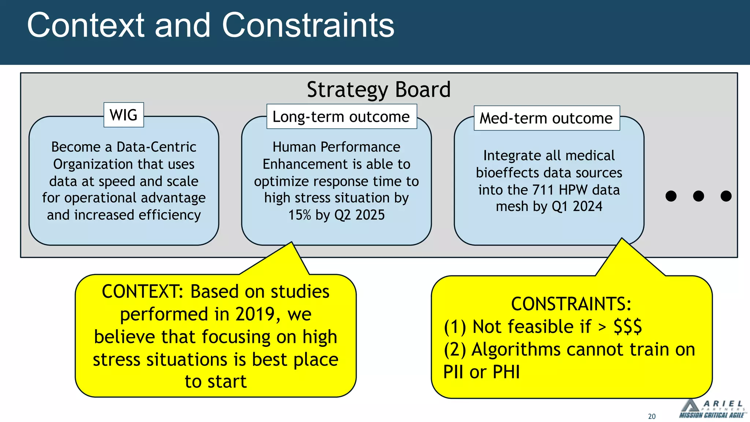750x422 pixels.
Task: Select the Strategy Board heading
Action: [x=379, y=90]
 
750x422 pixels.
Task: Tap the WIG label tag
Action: [x=124, y=115]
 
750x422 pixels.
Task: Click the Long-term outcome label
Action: [x=341, y=116]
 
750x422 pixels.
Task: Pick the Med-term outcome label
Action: [x=546, y=118]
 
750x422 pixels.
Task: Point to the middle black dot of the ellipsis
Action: [x=698, y=196]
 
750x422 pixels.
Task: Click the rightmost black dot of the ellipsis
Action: [x=726, y=196]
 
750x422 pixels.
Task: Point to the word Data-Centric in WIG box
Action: [x=156, y=147]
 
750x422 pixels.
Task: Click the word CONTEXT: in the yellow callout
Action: [x=142, y=292]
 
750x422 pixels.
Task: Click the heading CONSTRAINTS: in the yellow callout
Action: [x=571, y=304]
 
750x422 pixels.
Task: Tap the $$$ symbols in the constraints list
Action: [x=628, y=326]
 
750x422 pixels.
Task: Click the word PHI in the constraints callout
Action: [x=506, y=372]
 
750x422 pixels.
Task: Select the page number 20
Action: [x=652, y=417]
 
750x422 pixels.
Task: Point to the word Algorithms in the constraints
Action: [x=516, y=349]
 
